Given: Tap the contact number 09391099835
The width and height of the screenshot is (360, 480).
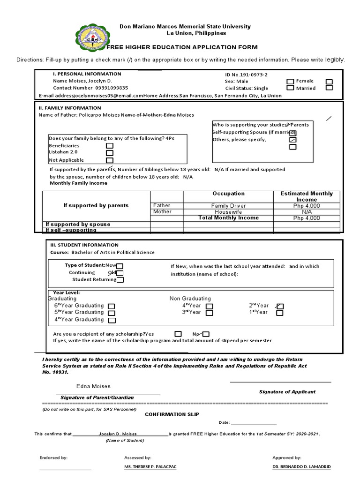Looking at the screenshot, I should [x=112, y=88].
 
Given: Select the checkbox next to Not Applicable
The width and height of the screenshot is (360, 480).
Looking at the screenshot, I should [x=109, y=160].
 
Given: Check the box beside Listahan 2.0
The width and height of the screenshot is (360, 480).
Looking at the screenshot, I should [x=109, y=153].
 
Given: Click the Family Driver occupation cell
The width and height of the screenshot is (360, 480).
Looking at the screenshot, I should [x=228, y=206].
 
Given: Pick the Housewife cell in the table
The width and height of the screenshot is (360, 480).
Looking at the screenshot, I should [x=228, y=212].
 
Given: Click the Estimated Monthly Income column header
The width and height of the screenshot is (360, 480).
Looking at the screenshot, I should [x=307, y=196].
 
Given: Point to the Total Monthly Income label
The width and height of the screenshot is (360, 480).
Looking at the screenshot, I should [x=228, y=218].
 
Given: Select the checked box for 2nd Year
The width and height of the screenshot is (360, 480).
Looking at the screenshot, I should [x=280, y=306].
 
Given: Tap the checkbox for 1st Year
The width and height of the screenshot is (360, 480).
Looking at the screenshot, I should [x=280, y=313].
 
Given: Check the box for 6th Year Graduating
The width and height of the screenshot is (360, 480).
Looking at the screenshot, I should [x=112, y=306].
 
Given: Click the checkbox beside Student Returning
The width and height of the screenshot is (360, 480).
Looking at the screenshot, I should [x=120, y=280].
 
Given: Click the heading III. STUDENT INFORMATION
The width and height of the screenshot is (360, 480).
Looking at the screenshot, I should [x=84, y=245].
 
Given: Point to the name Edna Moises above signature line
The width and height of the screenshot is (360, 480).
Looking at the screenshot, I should [x=94, y=386].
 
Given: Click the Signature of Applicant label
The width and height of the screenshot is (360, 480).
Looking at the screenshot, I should [x=287, y=392].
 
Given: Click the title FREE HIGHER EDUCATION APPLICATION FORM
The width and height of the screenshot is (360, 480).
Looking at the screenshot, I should [x=182, y=48].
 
